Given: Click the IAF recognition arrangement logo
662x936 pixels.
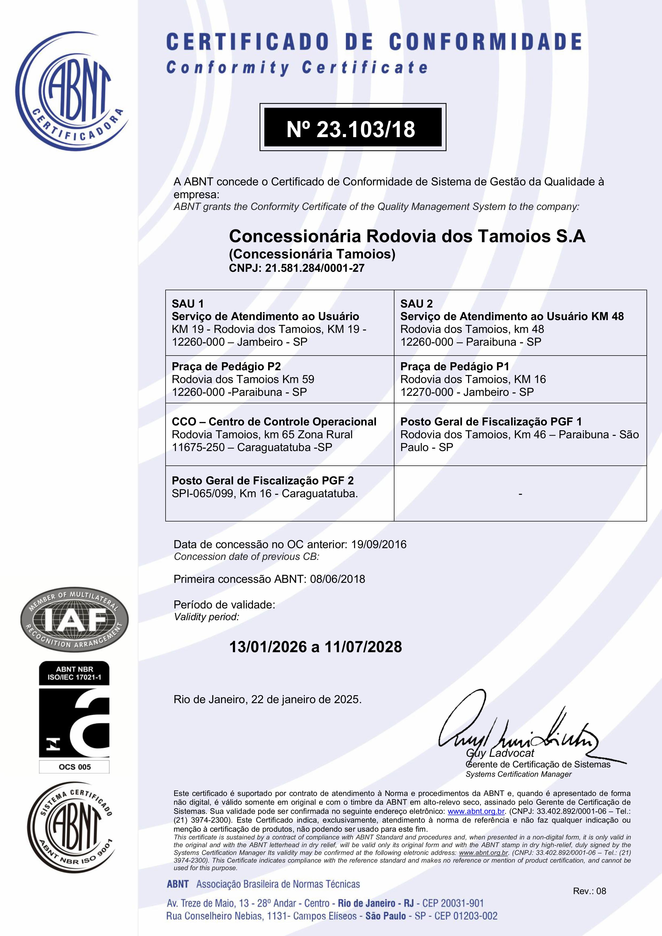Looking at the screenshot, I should (x=75, y=620).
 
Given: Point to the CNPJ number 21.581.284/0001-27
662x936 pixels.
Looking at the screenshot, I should (x=314, y=268).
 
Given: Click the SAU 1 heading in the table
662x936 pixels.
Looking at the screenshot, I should (x=188, y=304).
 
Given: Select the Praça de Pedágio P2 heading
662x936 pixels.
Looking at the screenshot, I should (x=226, y=367).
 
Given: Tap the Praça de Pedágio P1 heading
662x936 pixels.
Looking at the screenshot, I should (x=455, y=367).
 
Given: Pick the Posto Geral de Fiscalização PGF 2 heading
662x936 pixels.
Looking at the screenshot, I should (x=263, y=481).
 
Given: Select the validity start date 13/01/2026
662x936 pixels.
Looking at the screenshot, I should (x=268, y=647).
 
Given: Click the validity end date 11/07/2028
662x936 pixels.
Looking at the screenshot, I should (x=363, y=647).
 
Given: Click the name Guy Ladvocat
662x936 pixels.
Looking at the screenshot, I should (x=500, y=753).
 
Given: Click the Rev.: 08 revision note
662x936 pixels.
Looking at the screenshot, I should (x=589, y=891).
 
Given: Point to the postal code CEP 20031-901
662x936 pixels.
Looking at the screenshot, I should (x=453, y=903).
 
